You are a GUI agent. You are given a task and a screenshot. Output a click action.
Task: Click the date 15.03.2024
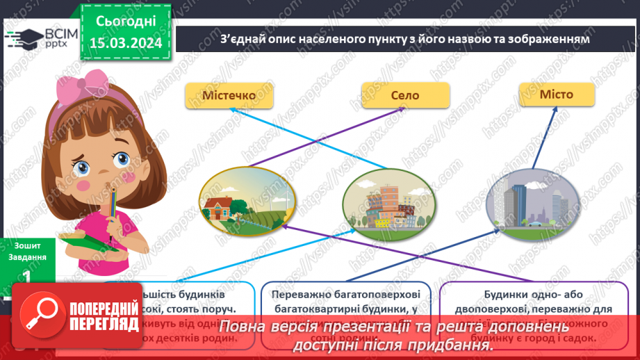[124, 44]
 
